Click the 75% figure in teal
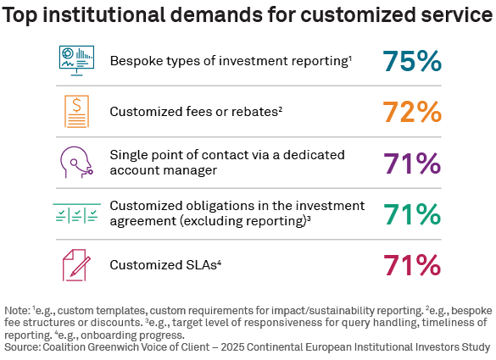(x=411, y=62)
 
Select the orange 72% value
(x=411, y=111)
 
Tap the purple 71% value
(x=411, y=163)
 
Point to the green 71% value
(x=411, y=214)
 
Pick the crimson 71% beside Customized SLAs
(x=411, y=265)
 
